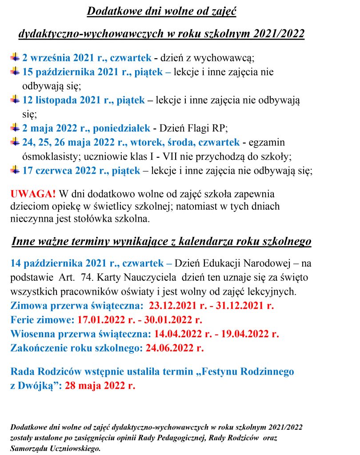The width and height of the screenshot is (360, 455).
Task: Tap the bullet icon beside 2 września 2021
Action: (x=16, y=57)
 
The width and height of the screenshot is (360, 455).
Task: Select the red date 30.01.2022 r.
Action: (x=173, y=320)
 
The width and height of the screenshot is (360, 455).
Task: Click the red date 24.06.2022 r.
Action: (x=175, y=348)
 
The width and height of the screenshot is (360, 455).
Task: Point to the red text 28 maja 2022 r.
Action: (x=100, y=385)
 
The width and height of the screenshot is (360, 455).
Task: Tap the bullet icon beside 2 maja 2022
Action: (x=16, y=128)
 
